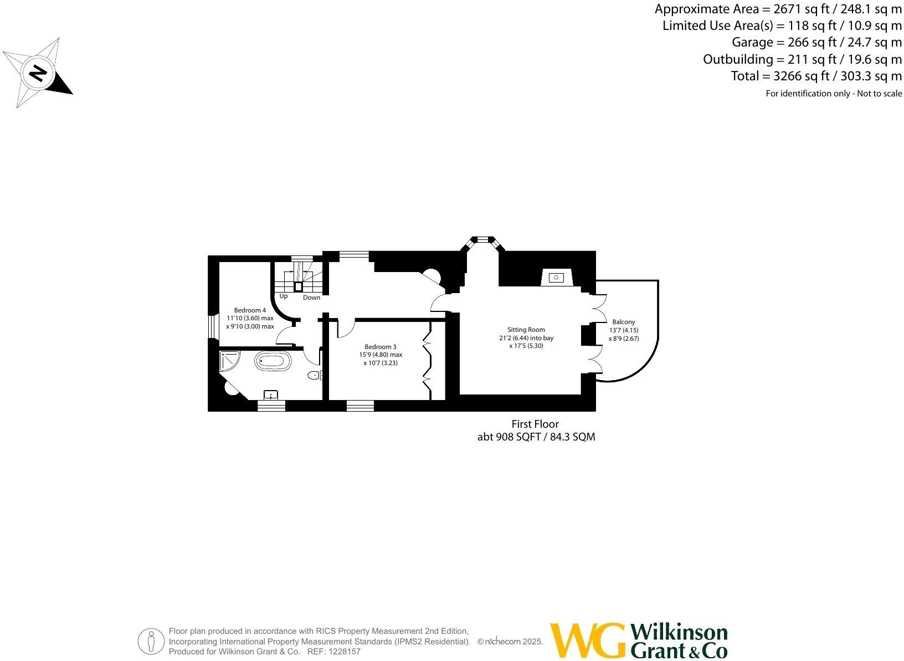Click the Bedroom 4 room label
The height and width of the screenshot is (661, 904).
250,310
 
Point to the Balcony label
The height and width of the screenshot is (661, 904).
624,322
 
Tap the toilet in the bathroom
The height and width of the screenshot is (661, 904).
315,375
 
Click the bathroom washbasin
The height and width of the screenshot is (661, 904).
271,394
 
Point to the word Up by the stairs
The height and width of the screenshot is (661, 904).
284,296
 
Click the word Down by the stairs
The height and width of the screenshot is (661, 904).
311,298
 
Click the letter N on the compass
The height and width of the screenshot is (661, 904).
38,73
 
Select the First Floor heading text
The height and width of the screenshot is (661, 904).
535,424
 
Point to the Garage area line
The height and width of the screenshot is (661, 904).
816,43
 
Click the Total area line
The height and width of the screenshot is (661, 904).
816,76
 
